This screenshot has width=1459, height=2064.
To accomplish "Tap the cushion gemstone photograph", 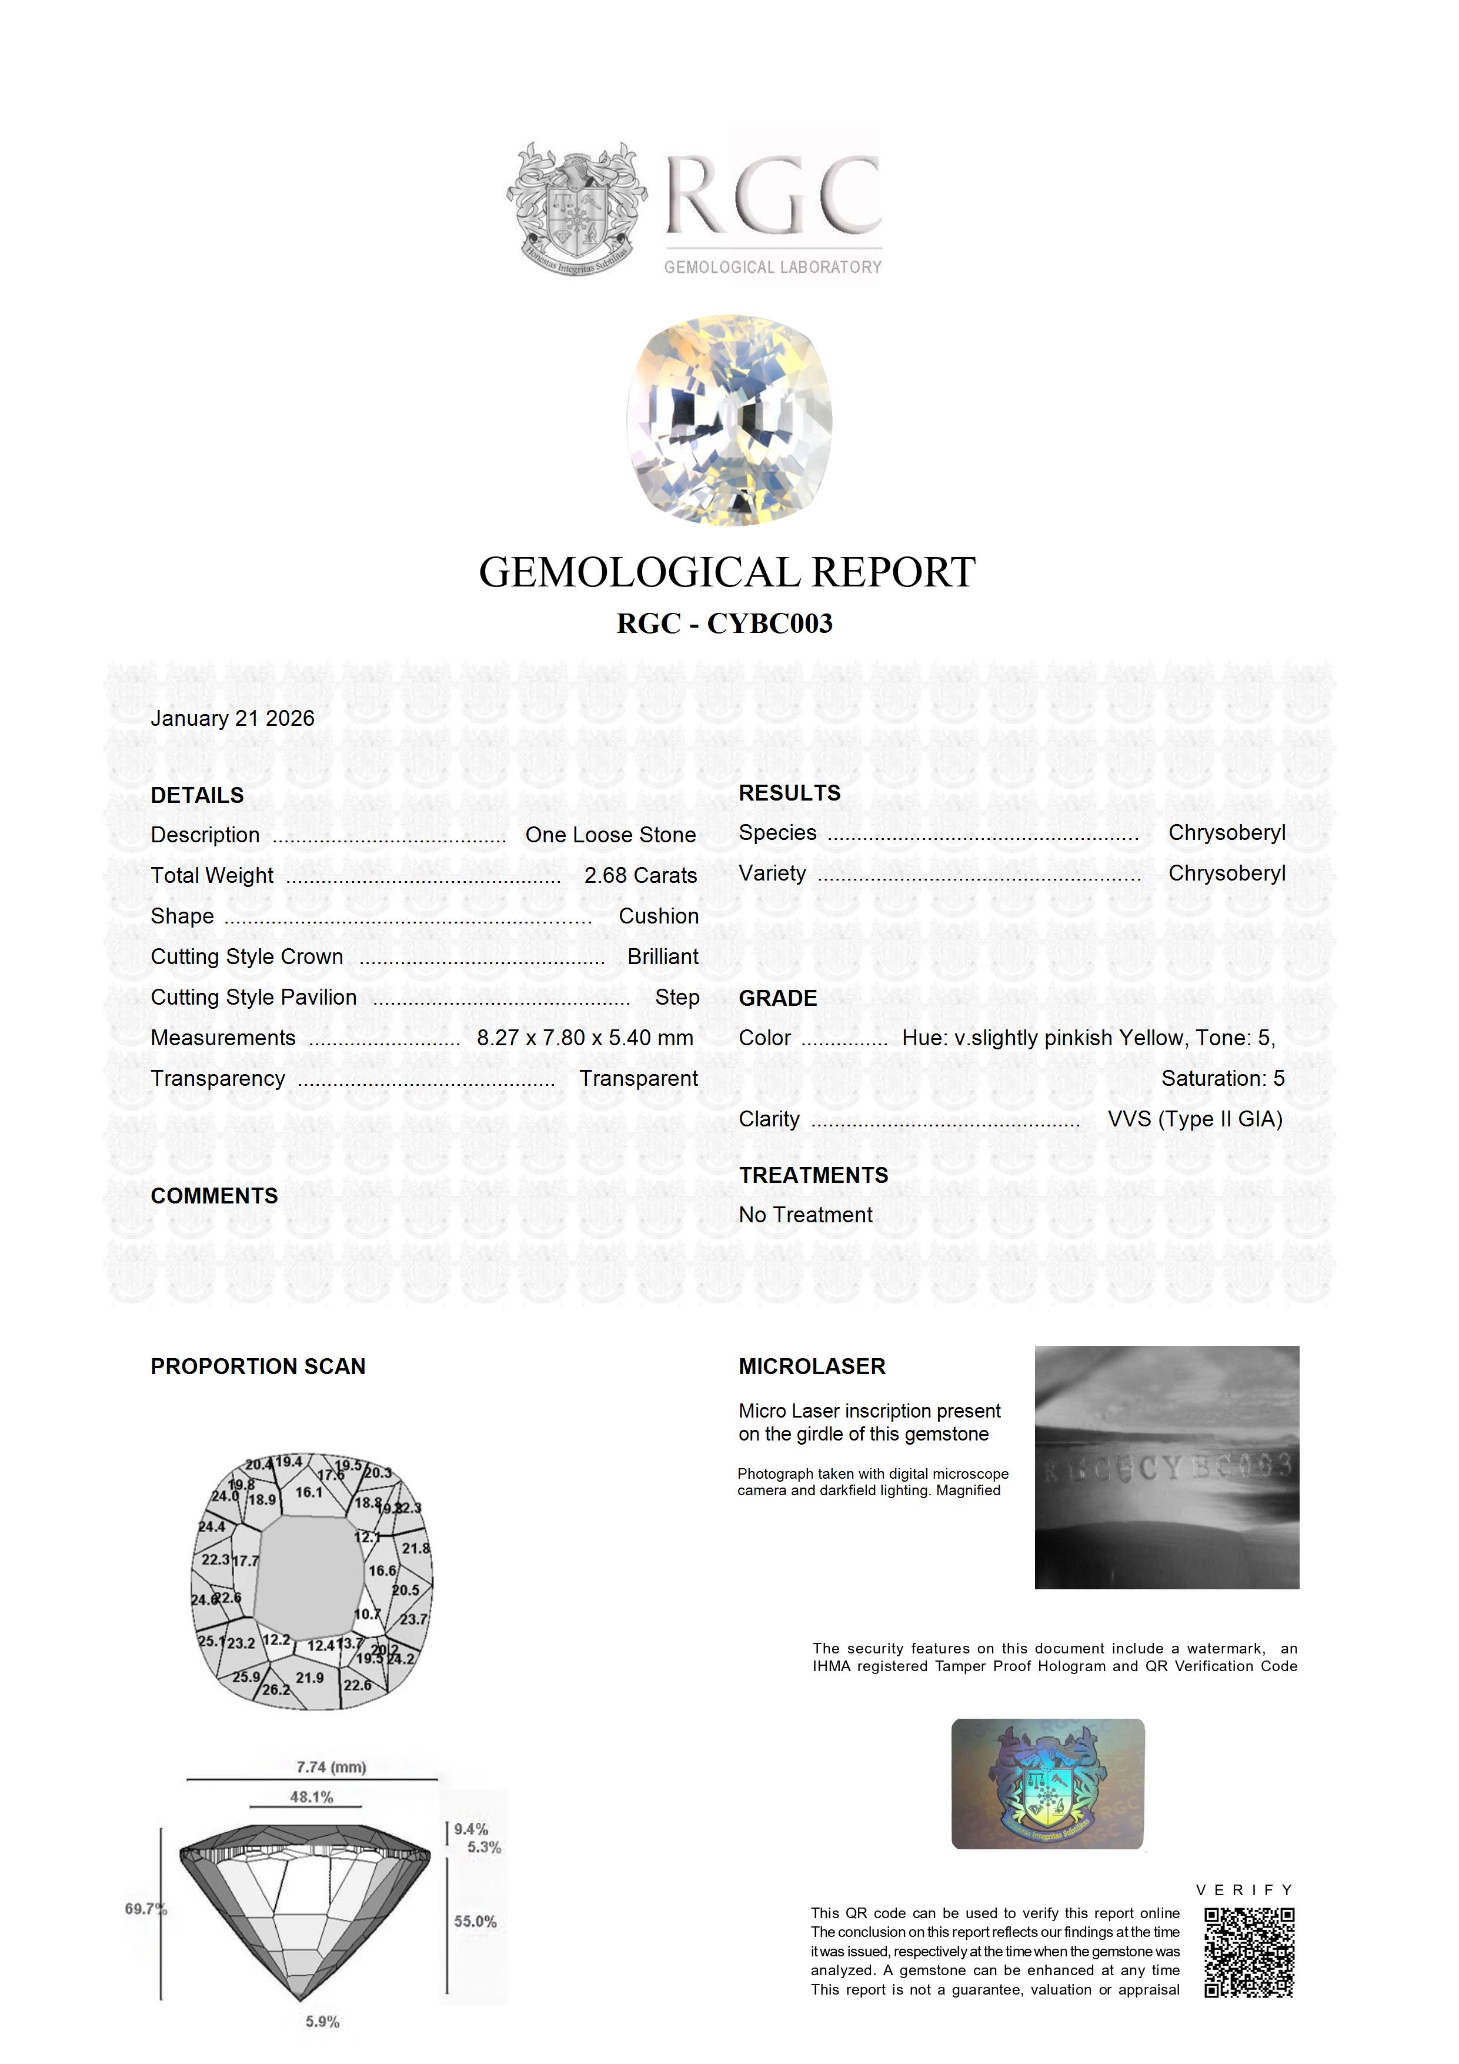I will pyautogui.click(x=729, y=420).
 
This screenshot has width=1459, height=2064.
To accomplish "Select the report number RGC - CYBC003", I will pyautogui.click(x=725, y=623).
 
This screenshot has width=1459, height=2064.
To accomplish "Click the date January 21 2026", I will pyautogui.click(x=233, y=718).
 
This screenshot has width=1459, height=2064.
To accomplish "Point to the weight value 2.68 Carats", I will pyautogui.click(x=640, y=876).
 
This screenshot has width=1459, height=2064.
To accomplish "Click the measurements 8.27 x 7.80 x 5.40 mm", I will pyautogui.click(x=585, y=1038).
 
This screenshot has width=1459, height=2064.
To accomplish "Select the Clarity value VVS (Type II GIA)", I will pyautogui.click(x=1195, y=1119).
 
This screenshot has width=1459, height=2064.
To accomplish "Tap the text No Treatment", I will pyautogui.click(x=806, y=1215).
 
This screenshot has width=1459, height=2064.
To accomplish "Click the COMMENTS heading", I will pyautogui.click(x=215, y=1196).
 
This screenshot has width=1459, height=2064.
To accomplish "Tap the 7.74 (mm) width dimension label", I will pyautogui.click(x=331, y=1768).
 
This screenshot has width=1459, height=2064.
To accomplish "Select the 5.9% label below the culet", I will pyautogui.click(x=322, y=2023).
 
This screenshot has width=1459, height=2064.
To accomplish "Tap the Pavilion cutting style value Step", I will pyautogui.click(x=677, y=997).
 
